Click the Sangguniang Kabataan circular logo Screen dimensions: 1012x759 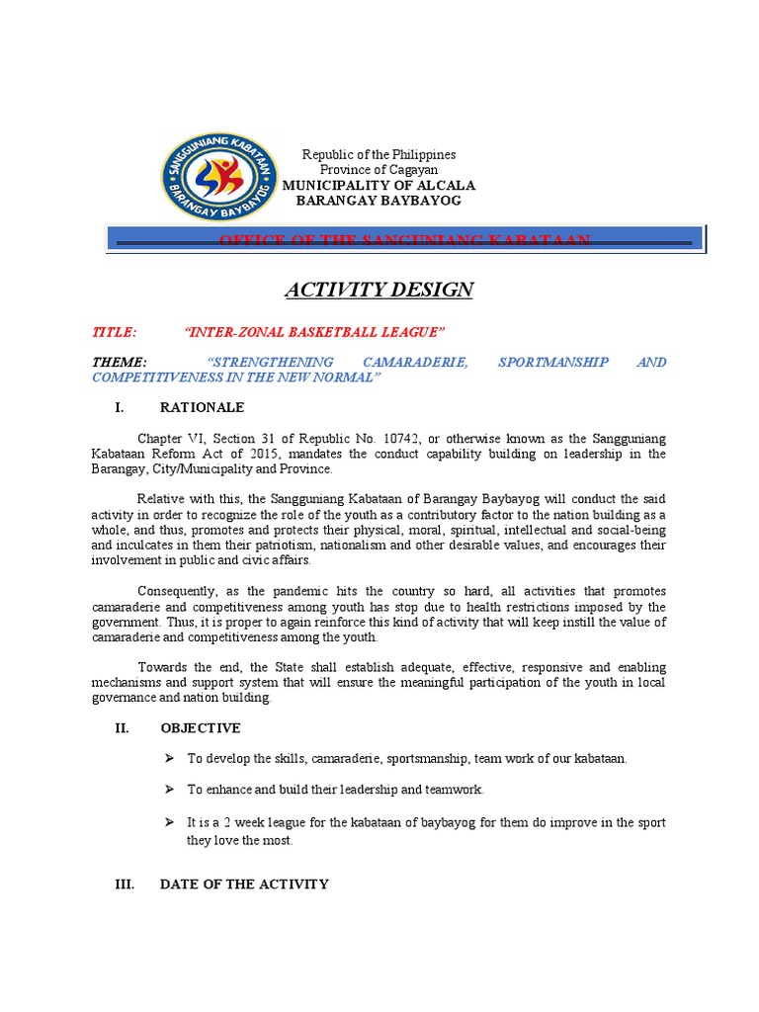click(217, 176)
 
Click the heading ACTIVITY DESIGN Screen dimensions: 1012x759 click(379, 290)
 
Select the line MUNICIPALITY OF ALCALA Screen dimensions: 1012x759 click(379, 185)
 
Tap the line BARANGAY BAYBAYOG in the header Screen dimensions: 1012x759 click(379, 201)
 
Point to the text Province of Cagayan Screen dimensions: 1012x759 click(379, 170)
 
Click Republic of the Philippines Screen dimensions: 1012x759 click(379, 155)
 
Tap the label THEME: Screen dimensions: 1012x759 click(120, 363)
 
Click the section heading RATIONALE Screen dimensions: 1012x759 click(202, 407)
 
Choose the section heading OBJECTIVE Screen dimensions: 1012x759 click(200, 728)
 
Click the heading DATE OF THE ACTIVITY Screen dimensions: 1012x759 click(244, 885)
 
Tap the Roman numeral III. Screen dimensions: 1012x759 click(125, 885)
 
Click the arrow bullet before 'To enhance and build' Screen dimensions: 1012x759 click(168, 790)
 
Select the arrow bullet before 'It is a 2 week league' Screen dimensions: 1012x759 click(168, 822)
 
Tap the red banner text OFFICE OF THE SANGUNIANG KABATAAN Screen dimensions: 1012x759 click(405, 240)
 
